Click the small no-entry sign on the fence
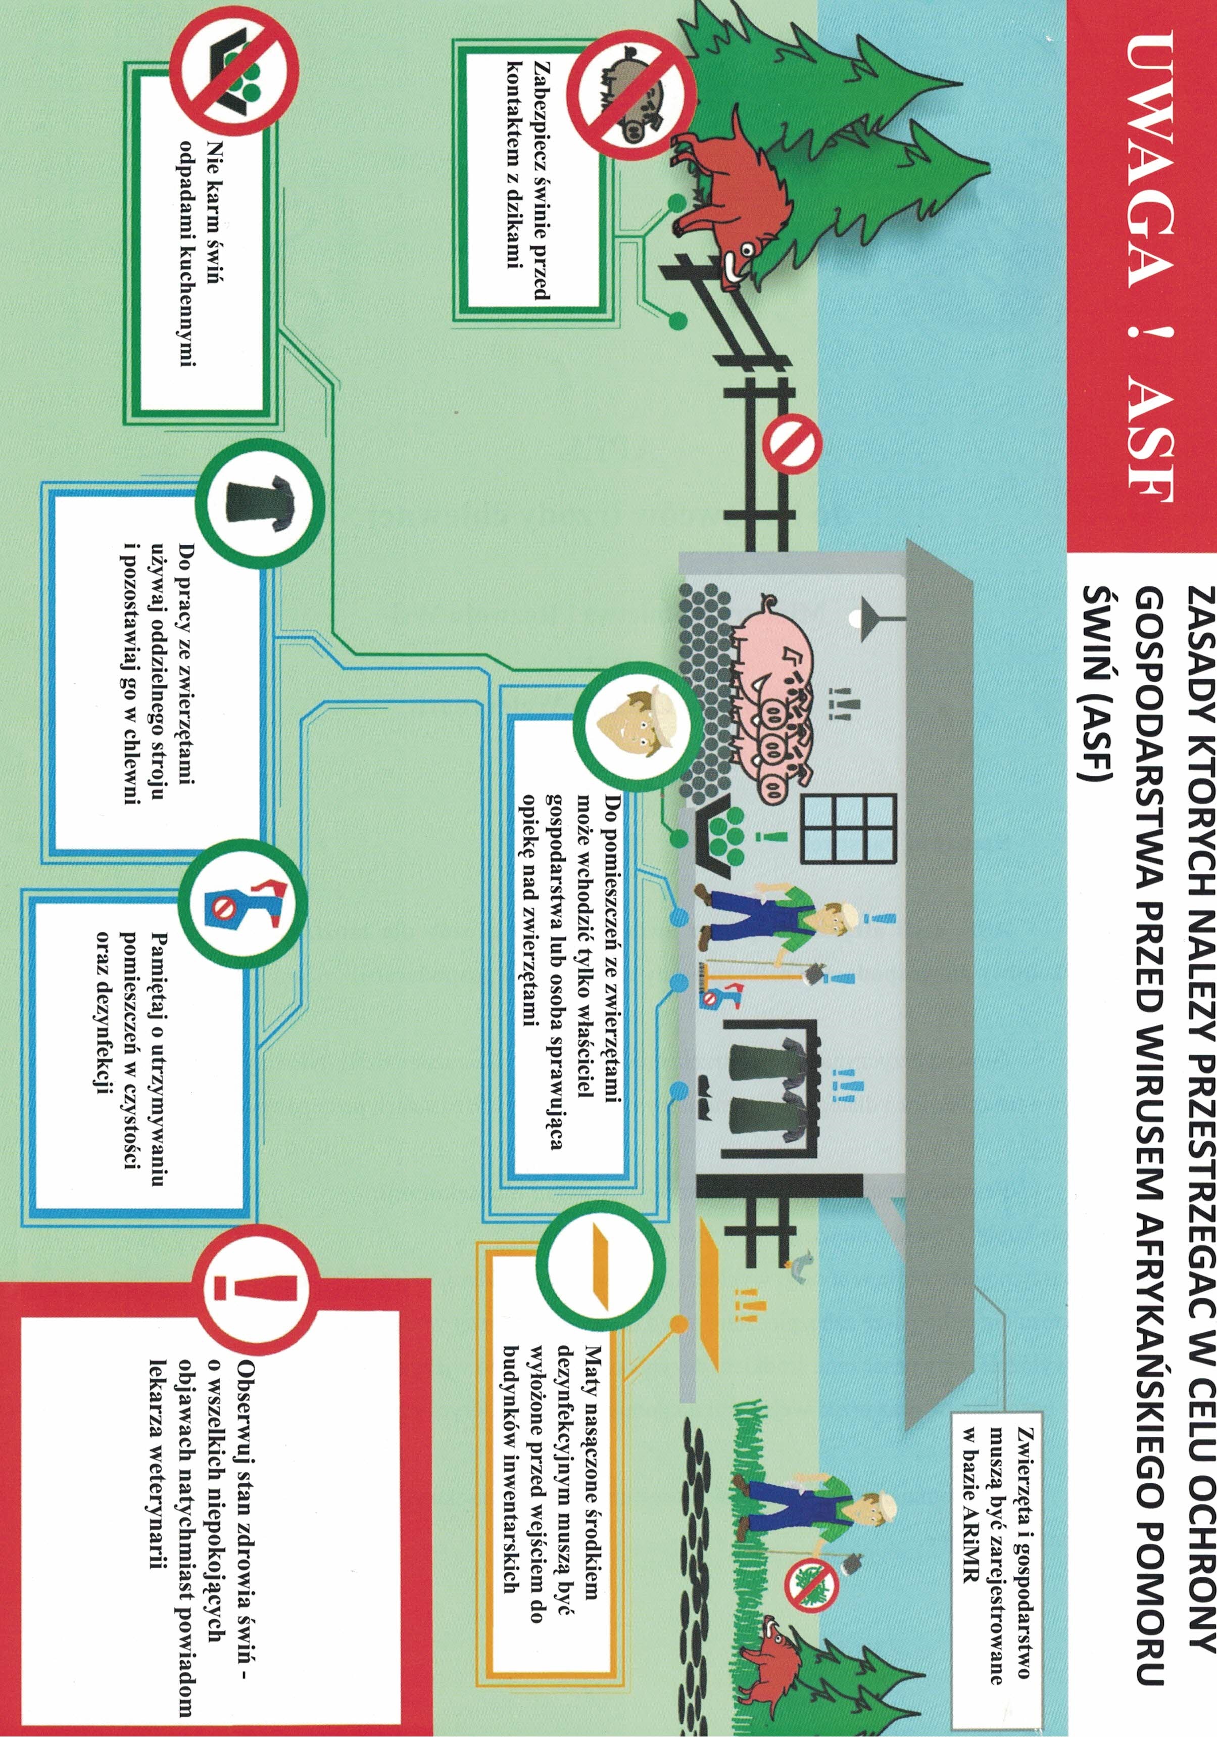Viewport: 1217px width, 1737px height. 791,446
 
